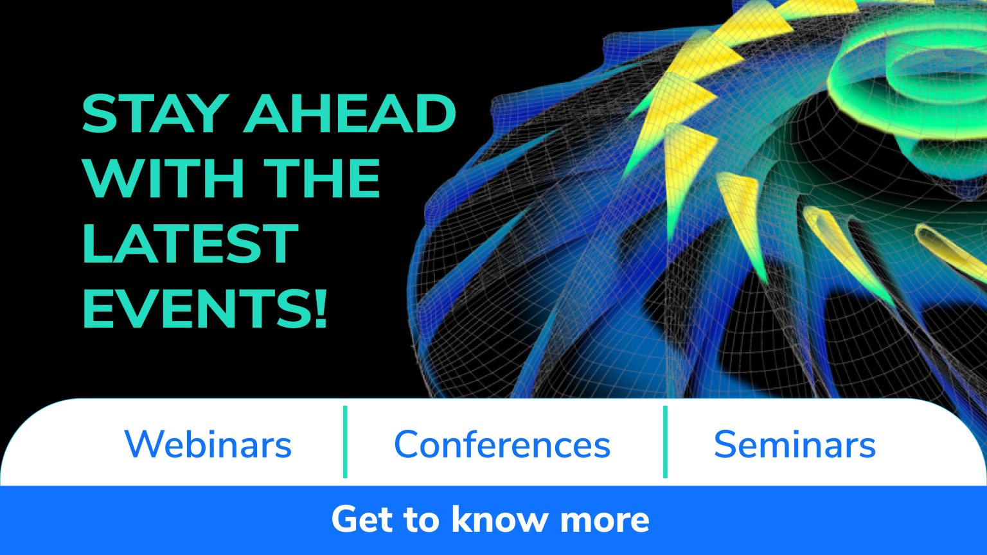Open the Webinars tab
click(x=208, y=444)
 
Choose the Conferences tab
click(x=502, y=444)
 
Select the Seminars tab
click(x=794, y=444)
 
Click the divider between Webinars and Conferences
click(x=346, y=442)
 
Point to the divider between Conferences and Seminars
click(x=665, y=442)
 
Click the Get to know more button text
click(x=490, y=519)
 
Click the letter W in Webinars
click(x=141, y=444)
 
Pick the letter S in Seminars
click(x=726, y=444)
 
